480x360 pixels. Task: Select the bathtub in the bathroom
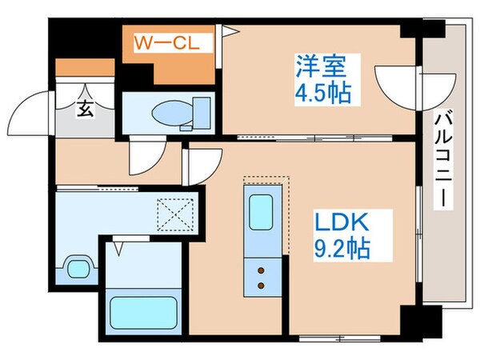click(x=142, y=313)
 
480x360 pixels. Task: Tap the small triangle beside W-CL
click(x=229, y=33)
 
